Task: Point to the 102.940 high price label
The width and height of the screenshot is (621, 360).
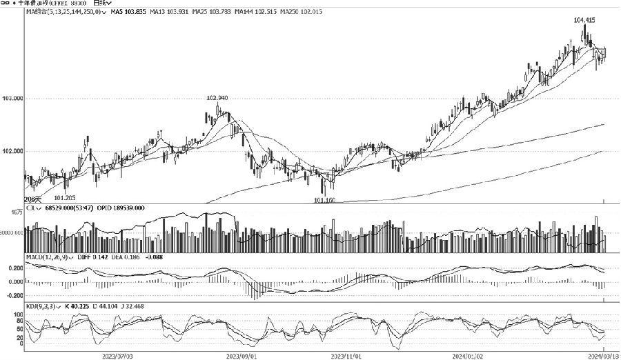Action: tap(217, 98)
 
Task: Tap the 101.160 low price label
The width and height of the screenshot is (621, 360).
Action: tap(324, 201)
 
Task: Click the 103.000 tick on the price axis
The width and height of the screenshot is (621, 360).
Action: tap(12, 99)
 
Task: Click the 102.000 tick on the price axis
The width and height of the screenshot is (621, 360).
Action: tap(12, 151)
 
